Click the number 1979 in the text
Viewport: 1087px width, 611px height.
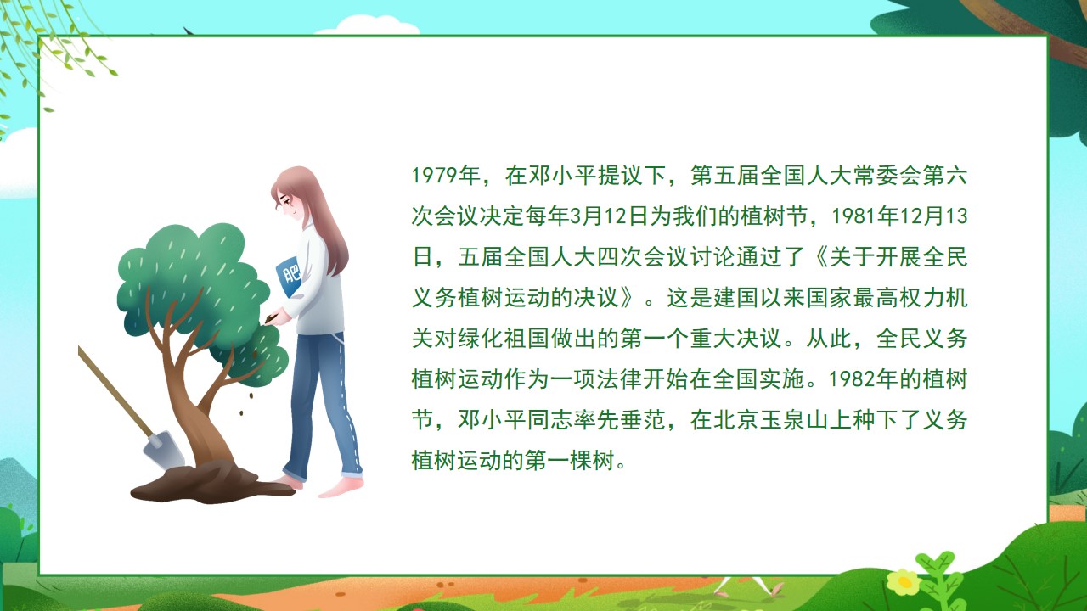click(434, 175)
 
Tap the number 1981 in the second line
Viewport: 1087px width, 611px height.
click(854, 216)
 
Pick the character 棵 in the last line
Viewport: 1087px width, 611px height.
click(581, 461)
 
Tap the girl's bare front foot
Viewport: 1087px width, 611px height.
click(341, 488)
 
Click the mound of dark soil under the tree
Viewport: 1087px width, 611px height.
click(213, 483)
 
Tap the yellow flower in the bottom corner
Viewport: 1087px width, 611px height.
click(903, 581)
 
